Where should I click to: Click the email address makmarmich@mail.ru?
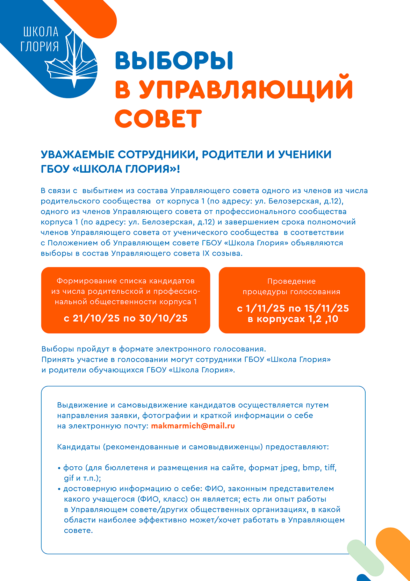(193, 426)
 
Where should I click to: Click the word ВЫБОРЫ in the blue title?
(174, 61)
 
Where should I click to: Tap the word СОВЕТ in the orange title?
(158, 119)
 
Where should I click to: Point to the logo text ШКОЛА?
(41, 32)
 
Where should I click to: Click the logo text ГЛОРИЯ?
(39, 46)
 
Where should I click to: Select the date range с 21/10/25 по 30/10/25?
(126, 318)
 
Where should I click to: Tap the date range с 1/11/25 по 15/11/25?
(293, 308)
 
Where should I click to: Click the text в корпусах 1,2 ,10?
(293, 319)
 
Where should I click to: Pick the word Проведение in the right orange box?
(292, 281)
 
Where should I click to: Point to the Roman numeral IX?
(206, 253)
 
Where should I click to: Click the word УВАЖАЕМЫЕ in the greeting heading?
(78, 155)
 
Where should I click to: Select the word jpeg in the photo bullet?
(289, 468)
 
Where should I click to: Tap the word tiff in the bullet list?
(330, 468)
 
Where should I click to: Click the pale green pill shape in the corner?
(365, 557)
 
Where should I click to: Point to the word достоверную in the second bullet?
(90, 489)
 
